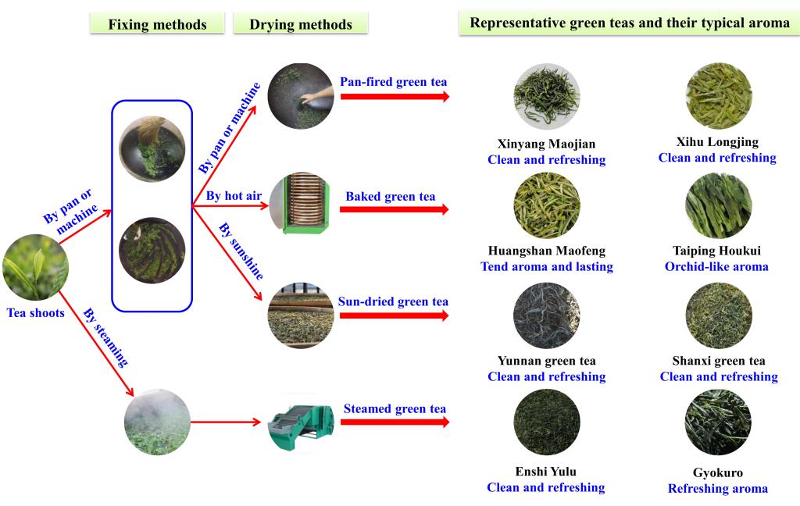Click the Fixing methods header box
tap(157, 24)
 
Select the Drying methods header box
tap(301, 24)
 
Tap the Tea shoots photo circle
tap(34, 268)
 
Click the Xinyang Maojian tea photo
tap(547, 96)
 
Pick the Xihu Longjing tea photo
tap(718, 96)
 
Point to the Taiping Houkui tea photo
tap(718, 205)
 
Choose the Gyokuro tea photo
tap(718, 422)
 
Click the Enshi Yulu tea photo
tap(547, 422)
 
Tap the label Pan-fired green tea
tap(394, 81)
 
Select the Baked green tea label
tap(391, 196)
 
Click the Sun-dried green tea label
tap(393, 301)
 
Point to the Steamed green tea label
tap(395, 408)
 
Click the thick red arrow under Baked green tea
tap(395, 210)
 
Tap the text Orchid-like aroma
tap(716, 266)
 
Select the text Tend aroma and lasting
tap(547, 266)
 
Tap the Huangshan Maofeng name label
tap(547, 251)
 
